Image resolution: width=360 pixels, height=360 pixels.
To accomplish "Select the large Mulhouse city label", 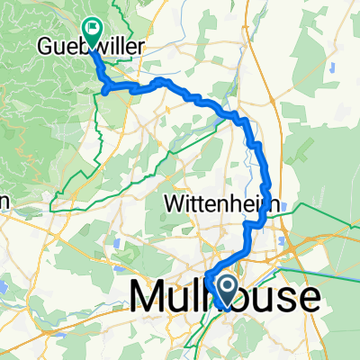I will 225,297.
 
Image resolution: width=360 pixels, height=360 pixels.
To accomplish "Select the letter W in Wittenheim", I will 175,204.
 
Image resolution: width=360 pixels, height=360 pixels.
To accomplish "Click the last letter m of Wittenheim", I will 261,204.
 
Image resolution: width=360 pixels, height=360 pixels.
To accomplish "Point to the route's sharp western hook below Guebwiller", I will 105,89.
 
